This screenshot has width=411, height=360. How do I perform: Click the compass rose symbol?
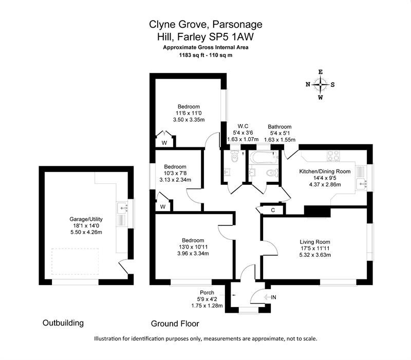(x=320, y=85)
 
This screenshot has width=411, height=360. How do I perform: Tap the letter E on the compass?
(x=320, y=72)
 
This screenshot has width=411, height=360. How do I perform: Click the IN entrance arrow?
(x=267, y=297)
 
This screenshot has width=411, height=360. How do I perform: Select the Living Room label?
(x=315, y=242)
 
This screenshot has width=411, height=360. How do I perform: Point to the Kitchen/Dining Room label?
(x=325, y=172)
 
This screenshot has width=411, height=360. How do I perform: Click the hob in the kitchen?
(x=333, y=156)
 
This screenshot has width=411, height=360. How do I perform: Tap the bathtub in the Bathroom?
(x=264, y=158)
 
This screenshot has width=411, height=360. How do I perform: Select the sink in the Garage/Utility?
(x=122, y=207)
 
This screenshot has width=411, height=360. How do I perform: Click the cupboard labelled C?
(x=273, y=210)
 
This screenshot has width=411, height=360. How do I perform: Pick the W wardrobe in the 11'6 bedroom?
(x=164, y=143)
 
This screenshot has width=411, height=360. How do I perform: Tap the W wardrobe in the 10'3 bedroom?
(x=163, y=207)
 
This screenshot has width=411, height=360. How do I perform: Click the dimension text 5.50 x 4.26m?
(x=86, y=232)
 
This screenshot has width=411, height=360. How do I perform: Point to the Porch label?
(x=207, y=292)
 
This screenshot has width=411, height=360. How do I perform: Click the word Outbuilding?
(x=63, y=323)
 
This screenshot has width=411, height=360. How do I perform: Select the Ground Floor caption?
(x=175, y=324)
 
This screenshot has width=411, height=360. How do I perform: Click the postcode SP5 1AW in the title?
(x=231, y=36)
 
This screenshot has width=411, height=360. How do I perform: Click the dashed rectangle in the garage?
(x=75, y=261)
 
